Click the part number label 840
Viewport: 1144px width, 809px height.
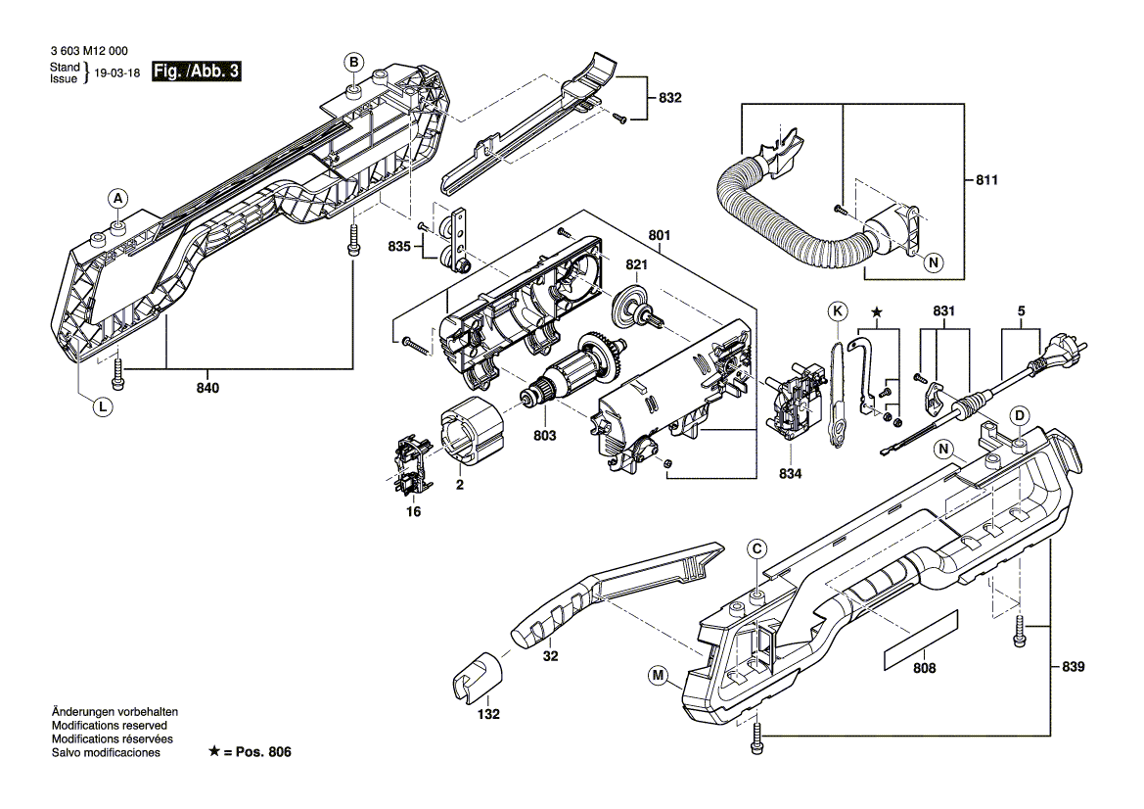(x=207, y=388)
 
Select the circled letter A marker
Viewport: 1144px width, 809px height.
(x=117, y=199)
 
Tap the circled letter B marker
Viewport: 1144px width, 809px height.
(x=352, y=63)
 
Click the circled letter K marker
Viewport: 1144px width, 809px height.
(x=837, y=312)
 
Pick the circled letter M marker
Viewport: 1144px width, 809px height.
(x=658, y=674)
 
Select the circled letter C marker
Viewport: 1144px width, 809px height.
(x=756, y=549)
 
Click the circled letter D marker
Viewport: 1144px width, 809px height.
(x=1018, y=415)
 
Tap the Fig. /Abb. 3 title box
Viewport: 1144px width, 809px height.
(x=196, y=72)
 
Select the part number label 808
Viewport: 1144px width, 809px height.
(x=923, y=668)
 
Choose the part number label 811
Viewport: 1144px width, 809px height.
(x=988, y=181)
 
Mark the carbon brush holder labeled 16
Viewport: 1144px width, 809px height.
(x=412, y=467)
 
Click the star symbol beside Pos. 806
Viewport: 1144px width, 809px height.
(x=214, y=752)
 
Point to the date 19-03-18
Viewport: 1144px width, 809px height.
(x=118, y=72)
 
